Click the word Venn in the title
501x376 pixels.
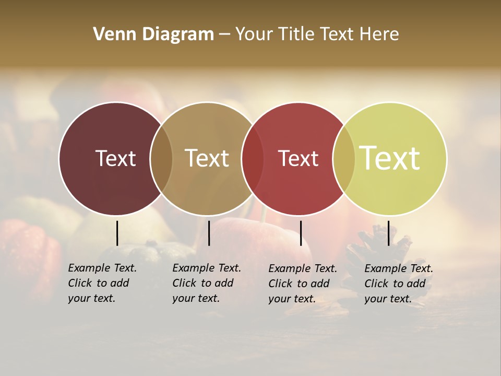[111, 34]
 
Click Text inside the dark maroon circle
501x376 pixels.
[115, 158]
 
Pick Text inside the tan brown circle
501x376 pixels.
[207, 158]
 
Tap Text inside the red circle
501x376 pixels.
[298, 158]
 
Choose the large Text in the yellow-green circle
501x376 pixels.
[390, 158]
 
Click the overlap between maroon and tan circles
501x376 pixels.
[161, 159]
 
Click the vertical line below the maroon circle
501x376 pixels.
[117, 233]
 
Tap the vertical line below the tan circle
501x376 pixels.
[209, 233]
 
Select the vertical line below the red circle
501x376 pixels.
[301, 233]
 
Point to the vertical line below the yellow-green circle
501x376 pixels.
[388, 233]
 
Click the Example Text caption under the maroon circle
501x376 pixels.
[102, 283]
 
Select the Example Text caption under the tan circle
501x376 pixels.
[207, 283]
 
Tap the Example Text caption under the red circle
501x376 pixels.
[303, 284]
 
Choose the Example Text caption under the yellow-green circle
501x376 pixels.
[399, 284]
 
